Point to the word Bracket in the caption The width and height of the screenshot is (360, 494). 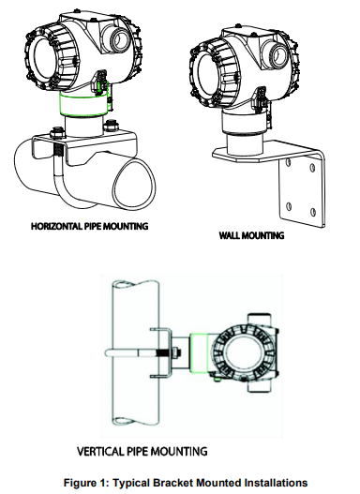click(x=168, y=482)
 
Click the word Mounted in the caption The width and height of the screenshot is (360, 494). click(x=214, y=482)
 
